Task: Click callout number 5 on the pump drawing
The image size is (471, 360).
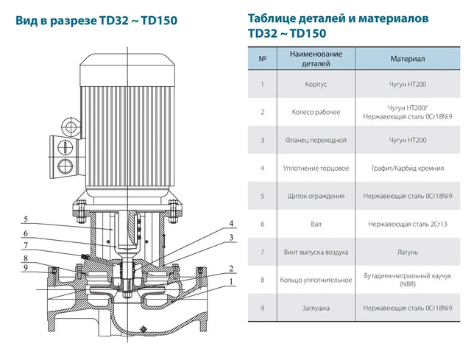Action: point(26,219)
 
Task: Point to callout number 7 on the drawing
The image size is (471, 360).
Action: point(26,245)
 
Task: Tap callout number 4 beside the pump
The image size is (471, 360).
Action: point(231,223)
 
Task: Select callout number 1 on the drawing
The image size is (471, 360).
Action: point(231,281)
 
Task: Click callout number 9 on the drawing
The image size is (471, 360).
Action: point(26,267)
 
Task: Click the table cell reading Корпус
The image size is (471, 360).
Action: point(316,84)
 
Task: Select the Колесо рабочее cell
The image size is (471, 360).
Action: point(316,112)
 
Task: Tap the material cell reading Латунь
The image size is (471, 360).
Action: point(408,252)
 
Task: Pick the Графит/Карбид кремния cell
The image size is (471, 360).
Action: point(408,168)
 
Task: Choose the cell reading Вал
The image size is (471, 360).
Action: point(316,225)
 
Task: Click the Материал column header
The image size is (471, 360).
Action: point(408,59)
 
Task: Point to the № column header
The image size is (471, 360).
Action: point(263,59)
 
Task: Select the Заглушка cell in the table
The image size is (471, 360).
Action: point(316,308)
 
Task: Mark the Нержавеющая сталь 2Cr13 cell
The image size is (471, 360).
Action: point(408,225)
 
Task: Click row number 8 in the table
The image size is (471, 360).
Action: point(263,280)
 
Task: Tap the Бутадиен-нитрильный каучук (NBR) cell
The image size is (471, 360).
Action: point(408,280)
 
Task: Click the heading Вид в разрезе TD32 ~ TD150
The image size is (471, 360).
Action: point(96,21)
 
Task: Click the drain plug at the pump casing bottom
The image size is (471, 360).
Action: point(144,328)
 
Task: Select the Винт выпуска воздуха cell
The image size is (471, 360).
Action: point(316,252)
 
